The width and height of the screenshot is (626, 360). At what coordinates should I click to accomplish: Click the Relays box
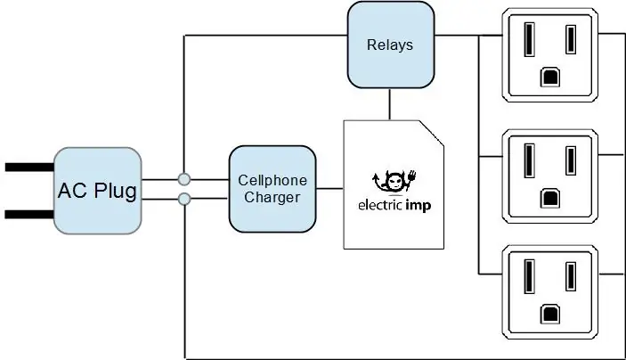coord(391,45)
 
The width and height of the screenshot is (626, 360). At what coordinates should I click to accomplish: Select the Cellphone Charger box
coord(272,189)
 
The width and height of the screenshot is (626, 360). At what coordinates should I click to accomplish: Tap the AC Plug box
coord(97,191)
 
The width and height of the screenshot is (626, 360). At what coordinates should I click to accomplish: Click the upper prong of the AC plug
coord(29,167)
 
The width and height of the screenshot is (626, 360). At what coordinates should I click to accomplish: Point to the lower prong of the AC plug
coord(29,215)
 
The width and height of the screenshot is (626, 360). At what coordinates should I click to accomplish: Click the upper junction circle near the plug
coord(184,179)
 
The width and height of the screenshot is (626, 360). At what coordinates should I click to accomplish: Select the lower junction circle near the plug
coord(184,199)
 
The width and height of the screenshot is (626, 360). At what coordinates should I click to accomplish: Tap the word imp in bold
coord(419,205)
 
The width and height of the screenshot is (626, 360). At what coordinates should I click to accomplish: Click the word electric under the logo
coord(380,205)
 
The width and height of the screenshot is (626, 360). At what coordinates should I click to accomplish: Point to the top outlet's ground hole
coord(550,78)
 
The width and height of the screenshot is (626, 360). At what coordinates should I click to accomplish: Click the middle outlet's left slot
coord(530,160)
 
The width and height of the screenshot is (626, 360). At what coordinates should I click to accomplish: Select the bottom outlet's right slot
coord(571,276)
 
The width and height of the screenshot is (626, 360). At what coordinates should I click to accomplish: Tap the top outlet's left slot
coord(530,39)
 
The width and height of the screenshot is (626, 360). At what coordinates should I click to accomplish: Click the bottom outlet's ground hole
coord(550,315)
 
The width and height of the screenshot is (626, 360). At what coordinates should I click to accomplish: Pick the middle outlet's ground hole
coord(550,199)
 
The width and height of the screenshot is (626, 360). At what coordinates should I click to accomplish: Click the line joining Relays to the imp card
coord(390,104)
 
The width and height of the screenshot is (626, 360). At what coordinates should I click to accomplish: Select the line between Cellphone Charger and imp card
coord(330,189)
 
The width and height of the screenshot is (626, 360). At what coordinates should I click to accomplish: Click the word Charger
coord(272,198)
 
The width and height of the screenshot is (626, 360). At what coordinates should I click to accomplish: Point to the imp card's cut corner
coord(432,133)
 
